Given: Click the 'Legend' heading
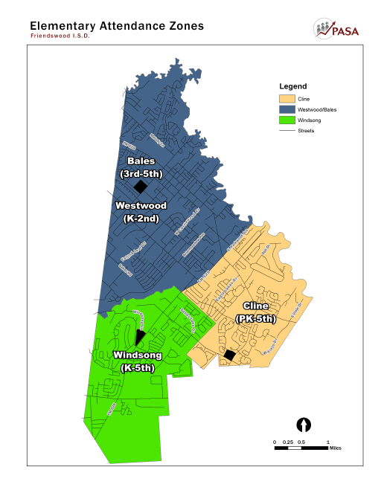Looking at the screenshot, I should coord(292,86).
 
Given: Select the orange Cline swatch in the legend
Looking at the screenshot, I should coord(286,99).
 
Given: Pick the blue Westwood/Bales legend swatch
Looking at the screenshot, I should coord(286,109).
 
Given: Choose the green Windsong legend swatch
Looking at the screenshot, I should coord(286,120).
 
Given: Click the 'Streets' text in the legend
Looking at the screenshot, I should coord(306,130).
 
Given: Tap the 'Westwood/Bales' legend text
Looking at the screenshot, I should coord(316,109).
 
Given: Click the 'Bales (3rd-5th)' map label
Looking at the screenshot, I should coord(141,167).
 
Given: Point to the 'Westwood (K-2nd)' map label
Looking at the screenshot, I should coord(140,212).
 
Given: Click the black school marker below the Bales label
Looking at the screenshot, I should coord(140,187).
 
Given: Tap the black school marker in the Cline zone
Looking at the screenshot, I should coord(231,356).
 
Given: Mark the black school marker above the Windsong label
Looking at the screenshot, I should coord(140,338).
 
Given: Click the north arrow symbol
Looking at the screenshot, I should coord(304,425).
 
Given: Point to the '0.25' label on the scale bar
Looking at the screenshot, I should coord(288,442).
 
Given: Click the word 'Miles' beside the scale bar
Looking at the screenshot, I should coord(336,448).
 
